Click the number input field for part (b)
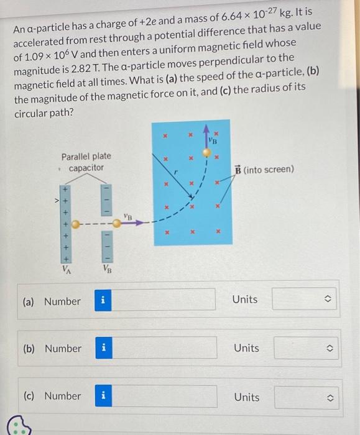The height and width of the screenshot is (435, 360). pyautogui.click(x=165, y=348)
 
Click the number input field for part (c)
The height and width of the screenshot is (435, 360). pyautogui.click(x=165, y=396)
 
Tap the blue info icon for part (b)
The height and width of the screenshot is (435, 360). pyautogui.click(x=104, y=348)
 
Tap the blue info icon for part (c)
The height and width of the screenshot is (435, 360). pyautogui.click(x=104, y=396)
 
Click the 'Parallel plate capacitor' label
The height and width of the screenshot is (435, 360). pyautogui.click(x=86, y=162)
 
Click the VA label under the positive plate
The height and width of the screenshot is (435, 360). pyautogui.click(x=65, y=270)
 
